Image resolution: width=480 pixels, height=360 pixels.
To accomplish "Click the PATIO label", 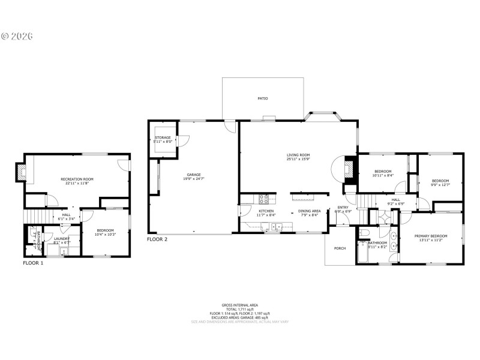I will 263,98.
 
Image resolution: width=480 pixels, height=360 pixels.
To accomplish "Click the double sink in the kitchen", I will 277,227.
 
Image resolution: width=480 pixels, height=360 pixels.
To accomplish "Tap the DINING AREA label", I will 310,211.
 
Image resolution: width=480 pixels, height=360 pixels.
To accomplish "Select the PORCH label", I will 340,248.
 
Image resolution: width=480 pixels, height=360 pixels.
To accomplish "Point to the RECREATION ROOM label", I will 77,179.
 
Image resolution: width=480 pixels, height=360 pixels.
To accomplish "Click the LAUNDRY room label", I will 62,239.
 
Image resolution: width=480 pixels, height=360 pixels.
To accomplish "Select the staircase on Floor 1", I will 35,217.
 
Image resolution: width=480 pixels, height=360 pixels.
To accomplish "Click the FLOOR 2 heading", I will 157,239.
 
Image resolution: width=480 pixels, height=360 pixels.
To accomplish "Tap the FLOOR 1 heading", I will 33,263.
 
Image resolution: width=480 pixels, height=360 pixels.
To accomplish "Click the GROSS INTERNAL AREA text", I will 244,305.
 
